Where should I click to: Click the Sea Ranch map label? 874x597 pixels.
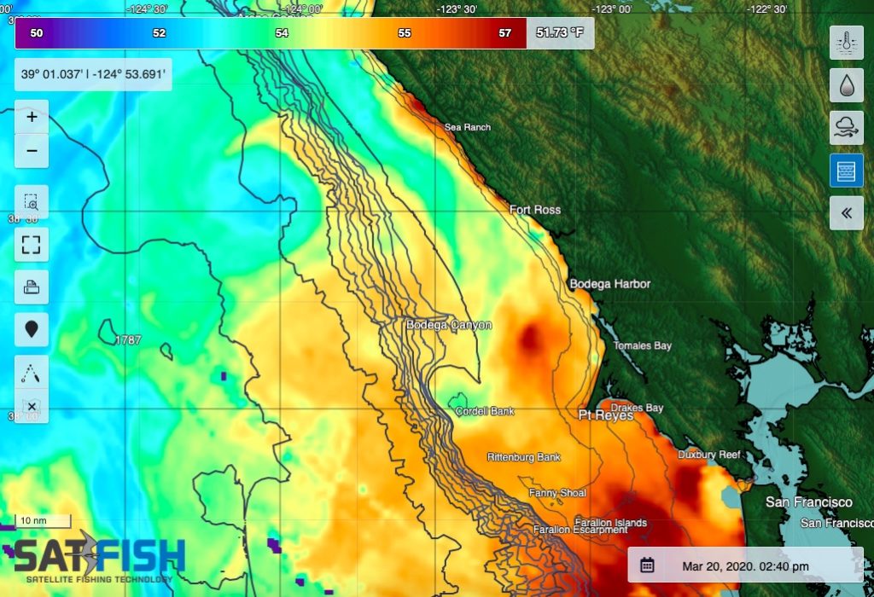pos(468,128)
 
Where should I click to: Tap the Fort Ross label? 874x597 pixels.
pos(535,210)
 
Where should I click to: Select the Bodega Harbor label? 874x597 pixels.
pos(610,284)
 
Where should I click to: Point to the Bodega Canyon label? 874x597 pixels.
pos(448,325)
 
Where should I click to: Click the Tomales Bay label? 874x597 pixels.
pos(643,346)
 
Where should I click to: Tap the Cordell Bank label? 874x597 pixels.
pos(485,411)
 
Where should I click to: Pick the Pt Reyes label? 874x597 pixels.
pos(605,416)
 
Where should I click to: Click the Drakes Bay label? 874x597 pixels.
pos(637,408)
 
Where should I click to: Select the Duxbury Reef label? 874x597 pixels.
pos(709,455)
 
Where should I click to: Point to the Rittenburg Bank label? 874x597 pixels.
pos(524,457)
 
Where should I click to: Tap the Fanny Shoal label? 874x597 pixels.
pos(557,493)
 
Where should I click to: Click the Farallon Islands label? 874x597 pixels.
pos(610,523)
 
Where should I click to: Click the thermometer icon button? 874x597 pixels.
pos(846,42)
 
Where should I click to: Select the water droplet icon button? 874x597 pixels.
pos(846,84)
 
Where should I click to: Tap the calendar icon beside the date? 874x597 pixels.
pos(648,565)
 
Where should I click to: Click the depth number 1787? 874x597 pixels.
pos(128,341)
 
